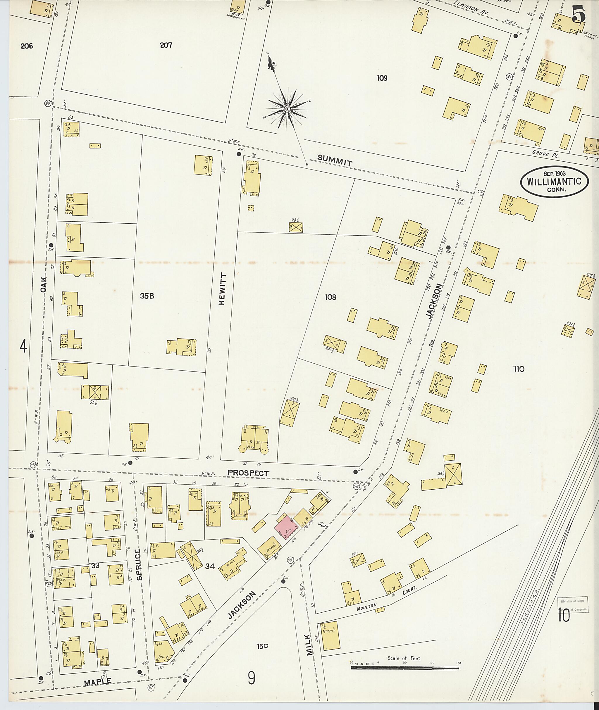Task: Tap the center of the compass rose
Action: tap(287, 109)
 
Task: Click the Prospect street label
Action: tap(248, 473)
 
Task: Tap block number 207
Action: tap(166, 45)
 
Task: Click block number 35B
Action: tap(147, 296)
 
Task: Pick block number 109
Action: tap(382, 78)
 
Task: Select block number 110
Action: tap(519, 369)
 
